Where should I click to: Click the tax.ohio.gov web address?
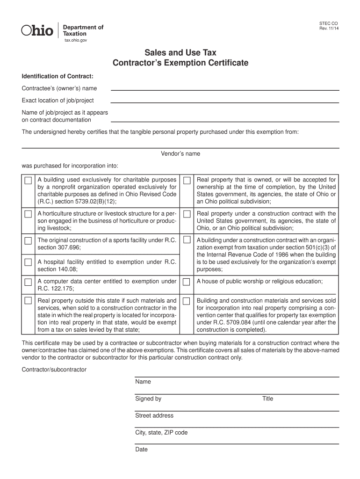[x=76, y=41]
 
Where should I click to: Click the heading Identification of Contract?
[x=58, y=76]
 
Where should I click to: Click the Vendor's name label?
[x=180, y=154]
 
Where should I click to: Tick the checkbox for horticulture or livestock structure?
[x=29, y=214]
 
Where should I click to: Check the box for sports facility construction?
[x=29, y=241]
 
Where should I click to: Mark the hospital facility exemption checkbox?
[x=29, y=262]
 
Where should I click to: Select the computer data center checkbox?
[x=29, y=282]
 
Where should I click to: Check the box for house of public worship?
[x=187, y=282]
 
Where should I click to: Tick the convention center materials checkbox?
[x=187, y=301]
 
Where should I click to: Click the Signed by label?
[x=148, y=399]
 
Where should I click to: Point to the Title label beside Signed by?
[x=268, y=399]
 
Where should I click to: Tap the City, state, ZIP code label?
[x=161, y=433]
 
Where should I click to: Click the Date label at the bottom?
[x=142, y=450]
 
